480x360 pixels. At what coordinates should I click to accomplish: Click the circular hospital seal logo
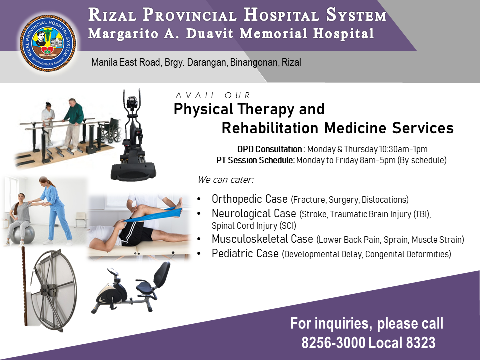point(48,43)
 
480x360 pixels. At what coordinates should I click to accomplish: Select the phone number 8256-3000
point(333,343)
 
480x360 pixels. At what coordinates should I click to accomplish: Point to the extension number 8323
point(421,343)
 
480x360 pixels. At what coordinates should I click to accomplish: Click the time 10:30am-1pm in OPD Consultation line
point(403,149)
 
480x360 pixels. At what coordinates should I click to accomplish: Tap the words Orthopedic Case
point(250,199)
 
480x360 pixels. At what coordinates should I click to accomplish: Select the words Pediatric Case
point(245,254)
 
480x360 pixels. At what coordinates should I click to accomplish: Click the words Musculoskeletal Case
point(262,239)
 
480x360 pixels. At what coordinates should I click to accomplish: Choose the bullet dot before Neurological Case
point(199,214)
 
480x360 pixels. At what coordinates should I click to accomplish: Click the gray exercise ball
point(23,234)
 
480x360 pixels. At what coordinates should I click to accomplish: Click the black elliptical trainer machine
point(133,135)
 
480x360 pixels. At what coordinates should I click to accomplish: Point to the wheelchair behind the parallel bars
point(111,130)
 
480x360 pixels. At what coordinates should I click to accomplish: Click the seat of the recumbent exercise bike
point(144,287)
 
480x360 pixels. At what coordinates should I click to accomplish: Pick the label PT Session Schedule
point(255,160)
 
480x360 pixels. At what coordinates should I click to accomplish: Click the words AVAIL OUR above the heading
point(213,96)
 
